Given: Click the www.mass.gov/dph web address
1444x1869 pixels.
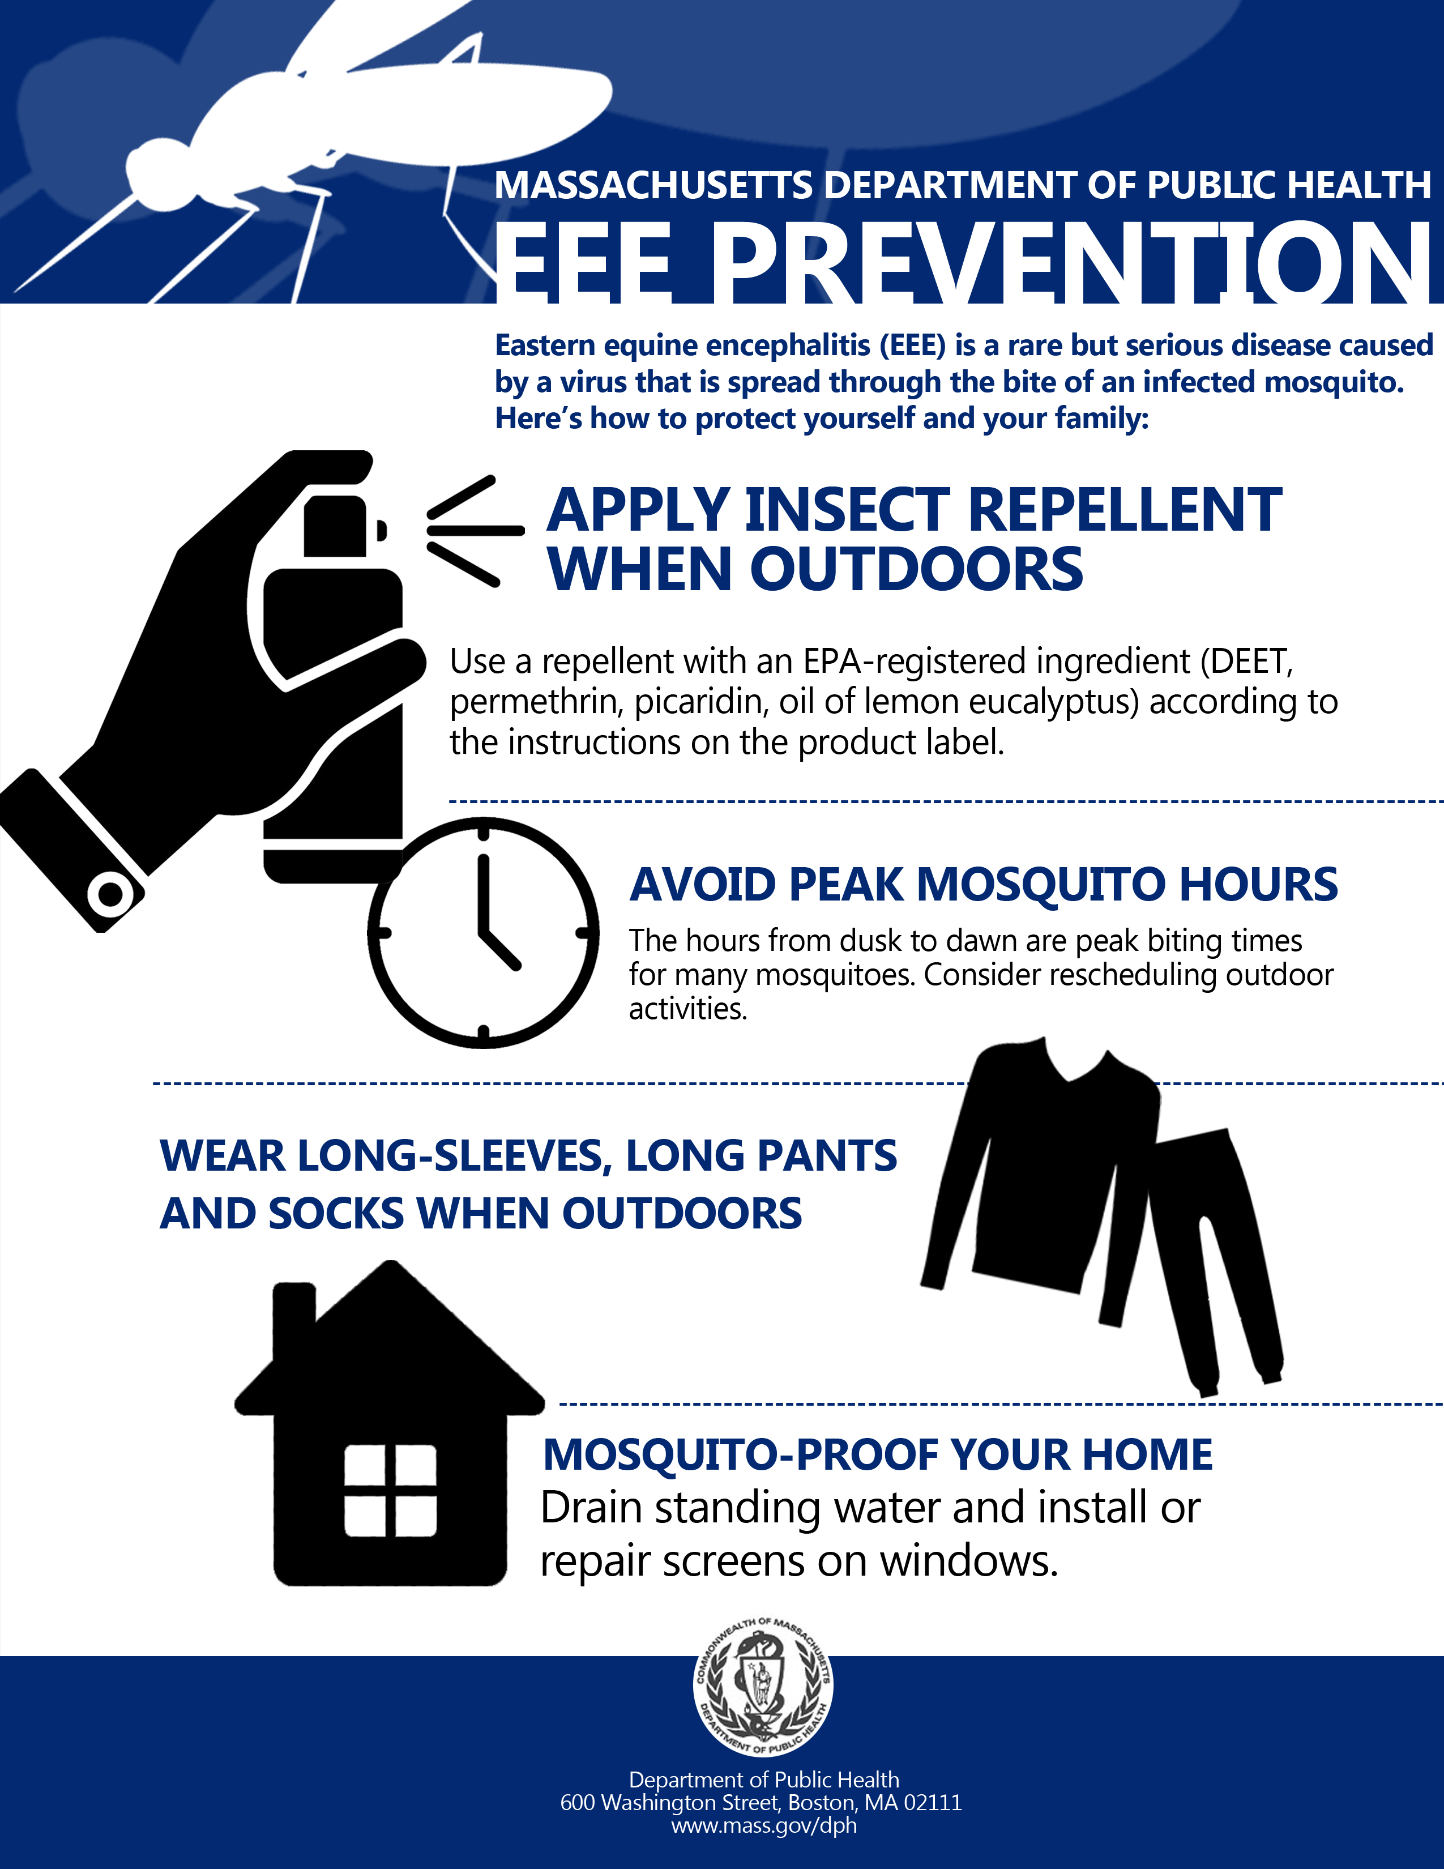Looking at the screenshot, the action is tap(763, 1825).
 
